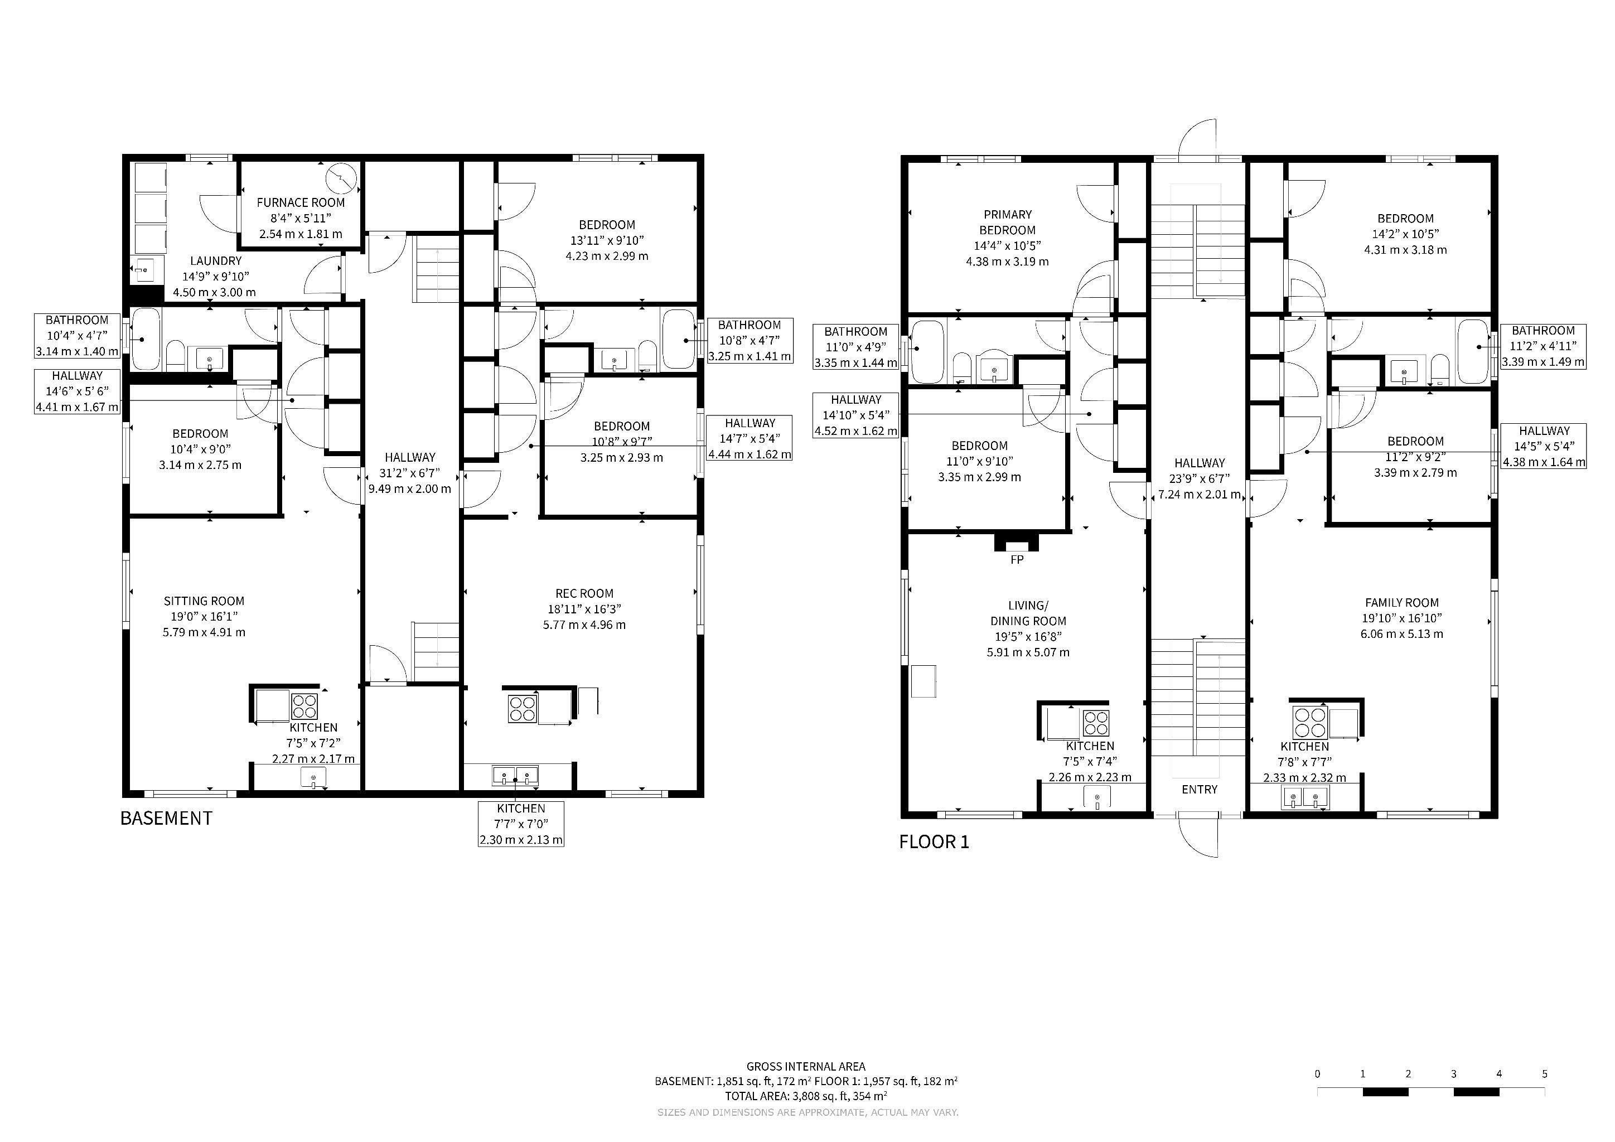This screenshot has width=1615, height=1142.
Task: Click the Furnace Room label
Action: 301,218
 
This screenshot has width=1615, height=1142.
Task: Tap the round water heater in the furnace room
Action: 342,178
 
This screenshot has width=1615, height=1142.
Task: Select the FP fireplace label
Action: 1017,560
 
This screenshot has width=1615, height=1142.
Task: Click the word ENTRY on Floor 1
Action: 1200,790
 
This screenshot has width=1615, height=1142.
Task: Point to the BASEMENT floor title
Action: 166,818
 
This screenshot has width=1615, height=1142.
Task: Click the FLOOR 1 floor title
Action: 934,842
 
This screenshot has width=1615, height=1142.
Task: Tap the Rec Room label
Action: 584,609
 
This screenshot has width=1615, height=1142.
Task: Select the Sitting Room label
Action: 204,617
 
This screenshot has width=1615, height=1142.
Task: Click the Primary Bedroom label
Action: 1007,238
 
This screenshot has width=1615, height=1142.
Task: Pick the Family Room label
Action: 1401,618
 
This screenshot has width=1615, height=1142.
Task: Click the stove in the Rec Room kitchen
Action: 523,708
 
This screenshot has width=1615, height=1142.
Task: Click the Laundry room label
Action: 215,277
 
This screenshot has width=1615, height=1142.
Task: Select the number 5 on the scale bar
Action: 1545,1074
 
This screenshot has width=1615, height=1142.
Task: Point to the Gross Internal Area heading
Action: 806,1067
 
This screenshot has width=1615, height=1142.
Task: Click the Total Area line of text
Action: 806,1096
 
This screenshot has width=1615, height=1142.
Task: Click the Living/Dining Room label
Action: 1028,628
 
